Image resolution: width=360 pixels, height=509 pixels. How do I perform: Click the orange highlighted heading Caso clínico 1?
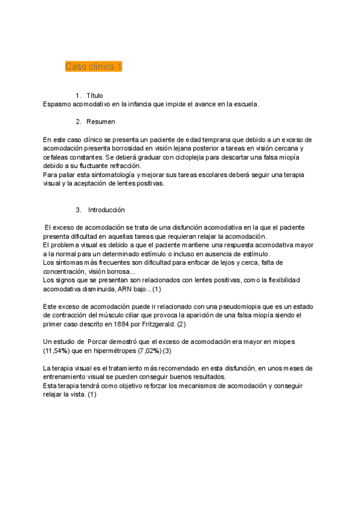[94, 67]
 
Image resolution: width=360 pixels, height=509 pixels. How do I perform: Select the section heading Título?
[95, 95]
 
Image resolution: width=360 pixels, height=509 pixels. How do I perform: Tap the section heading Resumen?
[101, 122]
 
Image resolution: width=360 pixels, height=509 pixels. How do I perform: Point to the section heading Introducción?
[106, 210]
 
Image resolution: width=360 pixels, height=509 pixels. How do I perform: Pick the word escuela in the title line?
[246, 104]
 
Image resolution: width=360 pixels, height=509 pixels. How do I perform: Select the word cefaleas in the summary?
[57, 157]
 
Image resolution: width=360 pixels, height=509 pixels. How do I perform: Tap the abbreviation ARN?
[125, 289]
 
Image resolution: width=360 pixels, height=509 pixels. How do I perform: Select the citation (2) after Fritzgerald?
[199, 324]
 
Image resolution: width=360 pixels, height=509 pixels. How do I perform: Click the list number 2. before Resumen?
[79, 122]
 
